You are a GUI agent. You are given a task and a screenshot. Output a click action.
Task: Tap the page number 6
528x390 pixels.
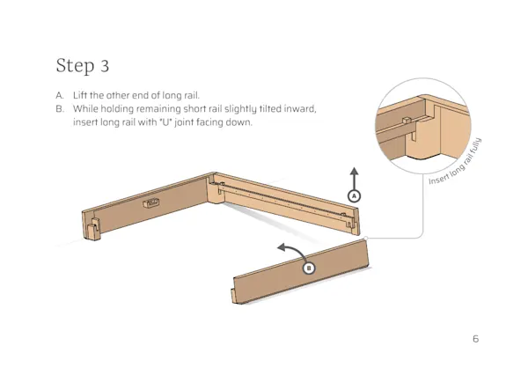[475, 339]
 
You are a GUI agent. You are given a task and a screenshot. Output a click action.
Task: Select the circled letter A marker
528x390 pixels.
[354, 195]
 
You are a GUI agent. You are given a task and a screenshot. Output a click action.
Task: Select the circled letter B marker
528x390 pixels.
[308, 268]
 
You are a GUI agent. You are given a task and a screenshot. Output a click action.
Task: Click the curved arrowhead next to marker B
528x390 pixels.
[279, 250]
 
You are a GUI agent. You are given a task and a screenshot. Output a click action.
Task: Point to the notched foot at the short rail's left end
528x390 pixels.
[92, 231]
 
